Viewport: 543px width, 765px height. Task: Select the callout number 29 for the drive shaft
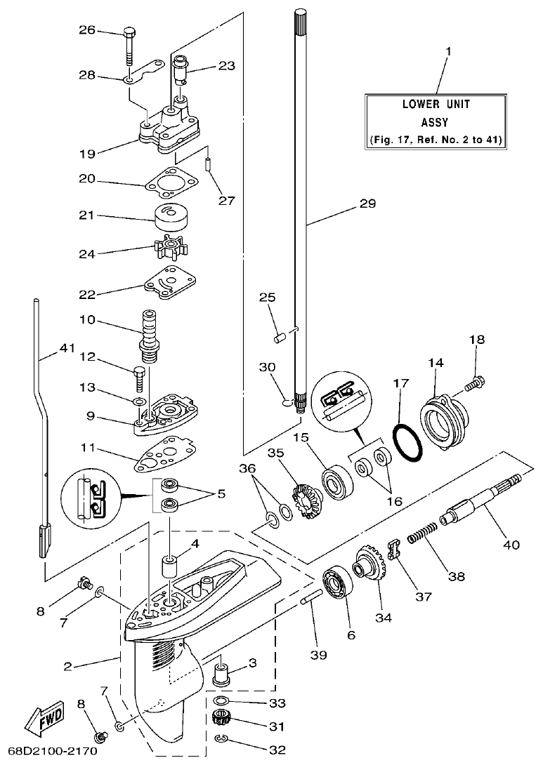coord(367,204)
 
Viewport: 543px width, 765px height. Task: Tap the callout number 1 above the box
coord(449,51)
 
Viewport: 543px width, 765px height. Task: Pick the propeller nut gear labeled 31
coord(222,719)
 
